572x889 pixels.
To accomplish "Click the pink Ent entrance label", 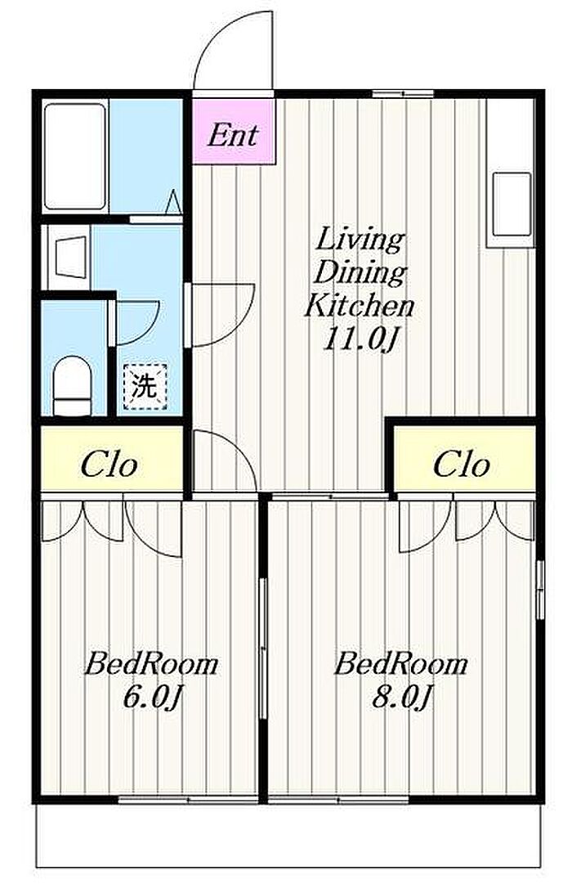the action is coord(234,136).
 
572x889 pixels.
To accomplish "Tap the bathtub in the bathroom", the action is coord(75,156).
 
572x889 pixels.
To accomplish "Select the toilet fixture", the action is coord(72,385).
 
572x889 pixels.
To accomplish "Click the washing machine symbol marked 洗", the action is coord(145,386).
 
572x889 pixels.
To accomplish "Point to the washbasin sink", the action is coord(71,258).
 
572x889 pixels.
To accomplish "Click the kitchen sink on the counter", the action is coord(512,204).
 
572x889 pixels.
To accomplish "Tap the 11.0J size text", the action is coord(358,340).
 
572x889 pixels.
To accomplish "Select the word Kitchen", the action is coord(359,307).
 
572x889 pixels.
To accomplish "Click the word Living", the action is coord(360,240).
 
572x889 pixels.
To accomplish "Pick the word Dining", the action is coord(360,274).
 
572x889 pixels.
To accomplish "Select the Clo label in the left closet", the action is coord(109,465).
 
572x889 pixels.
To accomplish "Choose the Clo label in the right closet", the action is coord(462,465).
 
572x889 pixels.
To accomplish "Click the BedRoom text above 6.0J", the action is coord(151,664).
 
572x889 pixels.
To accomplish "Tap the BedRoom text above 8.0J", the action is coord(401,664).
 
